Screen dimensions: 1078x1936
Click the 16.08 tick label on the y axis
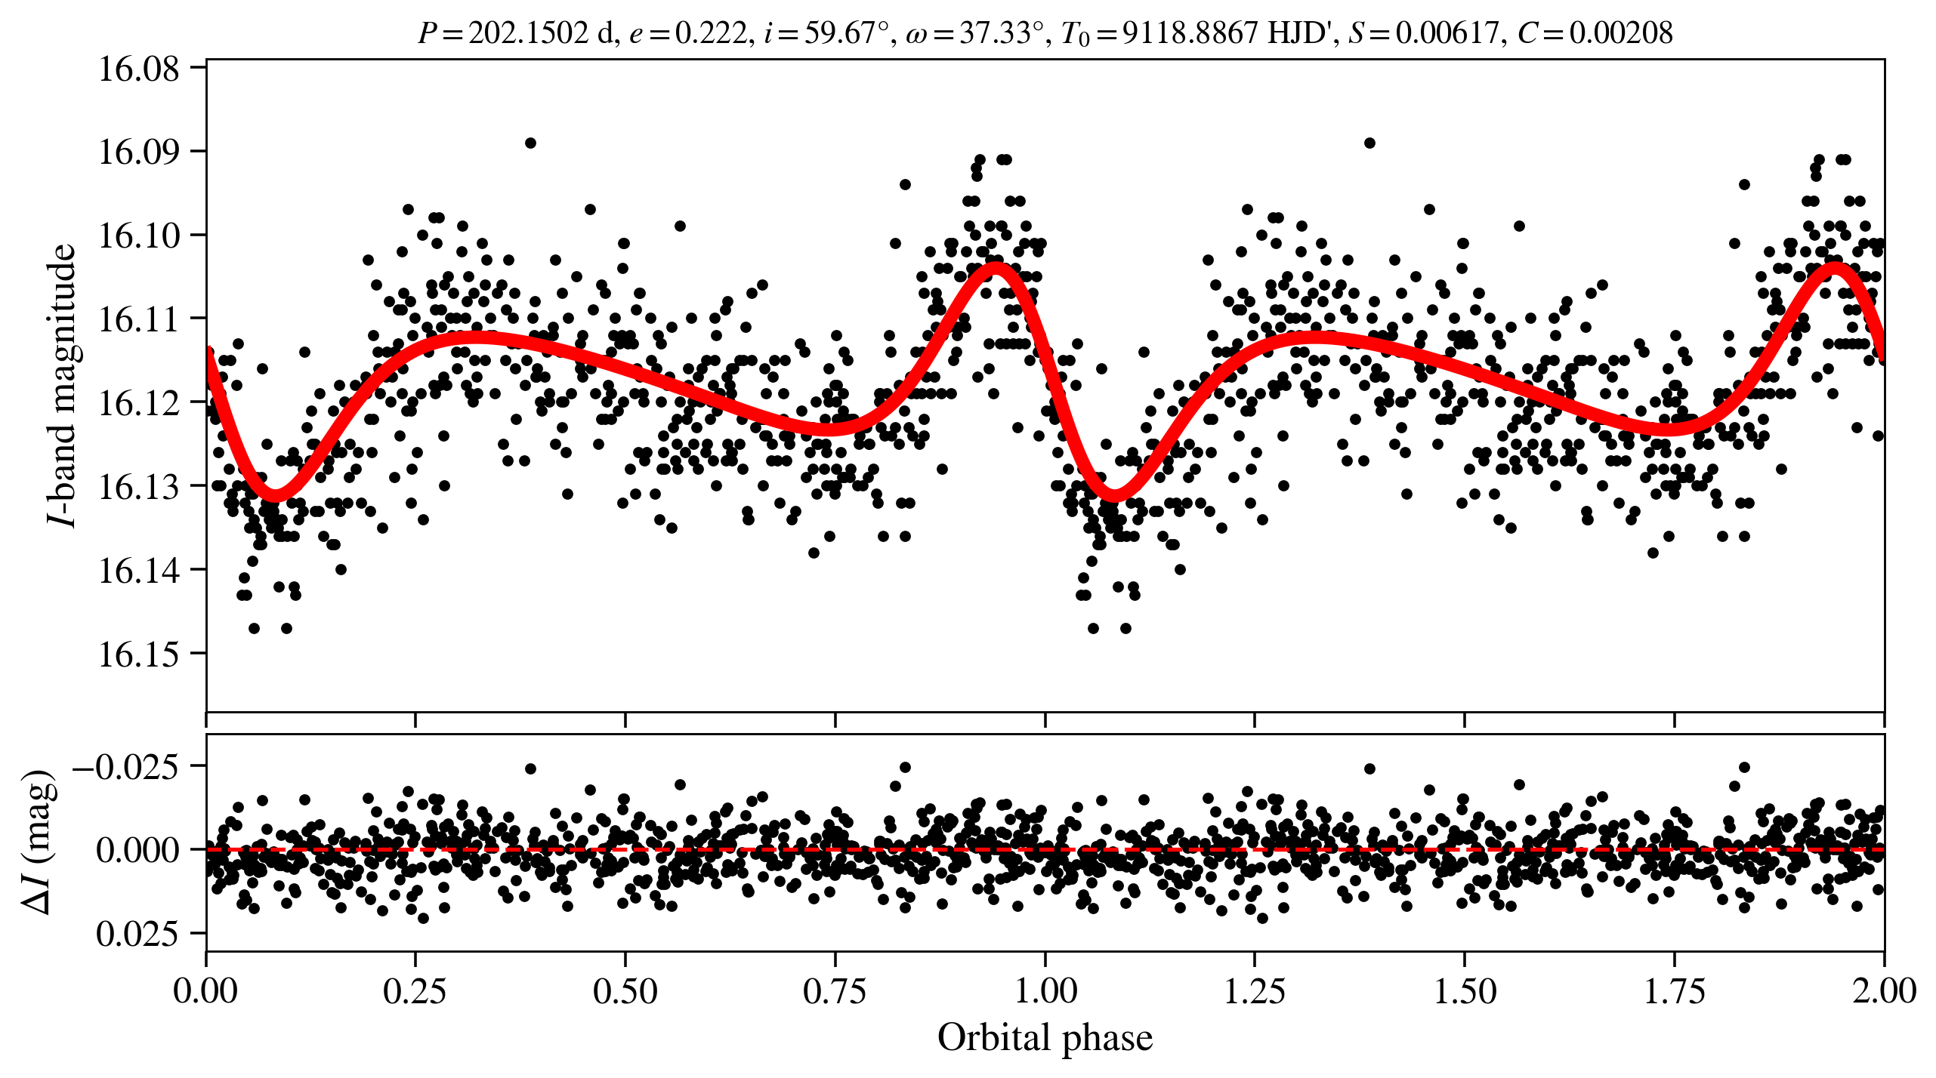pyautogui.click(x=139, y=69)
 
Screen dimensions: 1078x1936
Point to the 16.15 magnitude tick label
pyautogui.click(x=139, y=654)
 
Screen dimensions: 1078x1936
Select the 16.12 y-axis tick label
pyautogui.click(x=139, y=403)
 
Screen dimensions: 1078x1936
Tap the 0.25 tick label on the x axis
pyautogui.click(x=415, y=991)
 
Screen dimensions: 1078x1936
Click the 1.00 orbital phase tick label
pyautogui.click(x=1045, y=991)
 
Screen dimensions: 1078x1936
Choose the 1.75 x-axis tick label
pyautogui.click(x=1674, y=991)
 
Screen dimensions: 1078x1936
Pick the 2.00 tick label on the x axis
pyautogui.click(x=1883, y=991)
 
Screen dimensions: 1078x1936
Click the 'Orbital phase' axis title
pyautogui.click(x=1045, y=1038)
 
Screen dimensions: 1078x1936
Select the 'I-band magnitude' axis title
pyautogui.click(x=62, y=385)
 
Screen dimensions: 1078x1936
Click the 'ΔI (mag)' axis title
pyautogui.click(x=39, y=842)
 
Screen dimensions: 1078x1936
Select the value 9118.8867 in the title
pyautogui.click(x=1190, y=33)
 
